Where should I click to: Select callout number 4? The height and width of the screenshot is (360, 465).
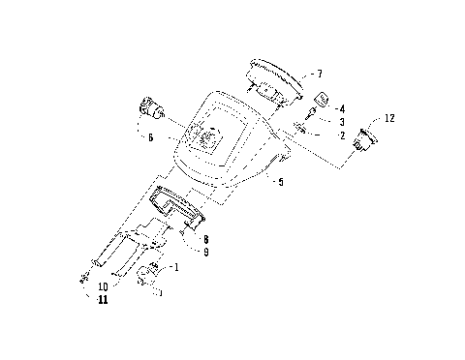click(342, 109)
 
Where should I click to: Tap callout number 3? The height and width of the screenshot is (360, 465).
click(342, 122)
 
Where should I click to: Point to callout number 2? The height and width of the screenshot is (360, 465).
click(342, 136)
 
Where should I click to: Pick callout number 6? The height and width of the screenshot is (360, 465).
click(151, 137)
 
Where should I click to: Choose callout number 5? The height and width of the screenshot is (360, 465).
click(280, 180)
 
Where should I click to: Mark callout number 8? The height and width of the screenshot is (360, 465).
click(206, 238)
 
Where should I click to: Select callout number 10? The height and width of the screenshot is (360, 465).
click(103, 287)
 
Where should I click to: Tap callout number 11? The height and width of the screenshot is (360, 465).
click(103, 301)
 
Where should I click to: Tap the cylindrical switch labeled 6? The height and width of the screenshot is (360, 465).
click(152, 106)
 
